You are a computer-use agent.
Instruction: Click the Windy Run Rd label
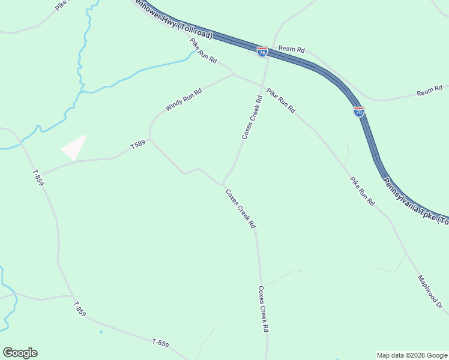tap(184, 100)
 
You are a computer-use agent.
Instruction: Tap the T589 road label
tap(138, 145)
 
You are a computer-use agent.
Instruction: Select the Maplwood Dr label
tap(430, 292)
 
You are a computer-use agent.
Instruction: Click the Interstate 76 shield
tap(262, 52)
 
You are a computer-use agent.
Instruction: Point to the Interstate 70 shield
tap(358, 111)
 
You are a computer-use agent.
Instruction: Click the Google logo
tap(20, 353)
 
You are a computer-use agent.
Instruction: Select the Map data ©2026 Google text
tap(411, 355)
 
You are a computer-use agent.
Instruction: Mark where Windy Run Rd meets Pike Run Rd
tap(233, 74)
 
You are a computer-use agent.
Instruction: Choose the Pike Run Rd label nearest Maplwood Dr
tap(363, 191)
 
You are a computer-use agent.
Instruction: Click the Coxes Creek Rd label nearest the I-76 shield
tap(252, 118)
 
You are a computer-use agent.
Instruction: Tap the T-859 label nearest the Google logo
tap(80, 310)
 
